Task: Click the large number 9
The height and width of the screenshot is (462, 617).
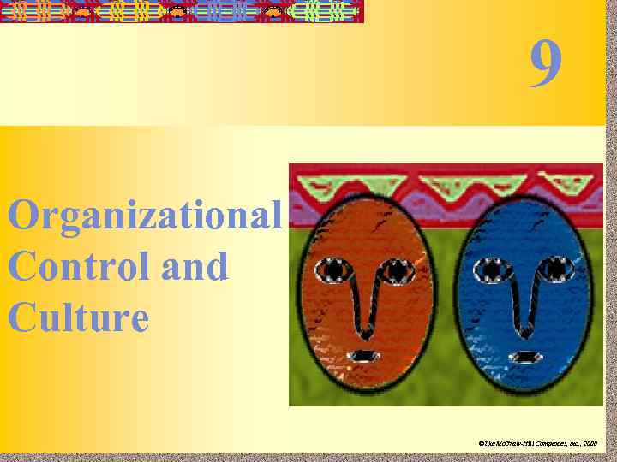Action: tap(546, 65)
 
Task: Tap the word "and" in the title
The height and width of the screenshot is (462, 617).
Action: tap(195, 267)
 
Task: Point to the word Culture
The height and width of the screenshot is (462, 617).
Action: tap(78, 317)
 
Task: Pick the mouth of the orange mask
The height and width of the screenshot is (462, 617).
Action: tap(367, 355)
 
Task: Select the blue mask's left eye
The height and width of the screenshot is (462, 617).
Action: tap(494, 269)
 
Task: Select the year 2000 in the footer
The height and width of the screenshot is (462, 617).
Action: tap(589, 444)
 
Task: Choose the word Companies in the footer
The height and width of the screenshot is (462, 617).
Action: tap(546, 444)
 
